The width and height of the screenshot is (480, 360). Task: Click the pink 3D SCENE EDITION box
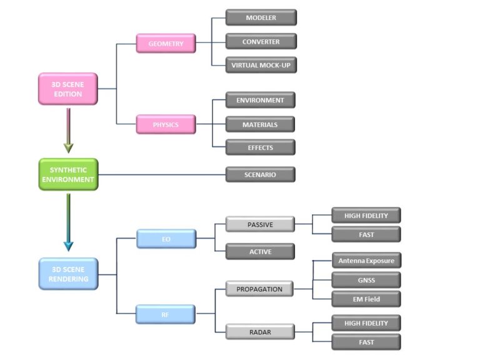click(x=68, y=89)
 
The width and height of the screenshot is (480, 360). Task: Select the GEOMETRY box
click(x=166, y=44)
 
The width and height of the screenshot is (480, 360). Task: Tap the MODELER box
click(x=261, y=17)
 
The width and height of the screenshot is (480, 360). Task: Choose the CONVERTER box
click(x=261, y=42)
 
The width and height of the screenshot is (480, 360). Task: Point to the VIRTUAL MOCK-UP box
click(x=261, y=65)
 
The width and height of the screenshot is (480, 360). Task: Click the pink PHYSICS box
click(x=166, y=124)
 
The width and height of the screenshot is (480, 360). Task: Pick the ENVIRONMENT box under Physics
click(x=260, y=100)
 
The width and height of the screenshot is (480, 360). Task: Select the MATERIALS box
click(x=260, y=124)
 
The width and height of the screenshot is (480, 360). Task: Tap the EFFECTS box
click(x=260, y=147)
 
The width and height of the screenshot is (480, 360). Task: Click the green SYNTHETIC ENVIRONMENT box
click(x=68, y=174)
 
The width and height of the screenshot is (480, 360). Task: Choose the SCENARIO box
click(x=260, y=174)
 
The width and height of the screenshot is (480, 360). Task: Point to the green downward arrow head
click(x=68, y=148)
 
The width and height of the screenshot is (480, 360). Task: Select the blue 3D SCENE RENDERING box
click(x=68, y=274)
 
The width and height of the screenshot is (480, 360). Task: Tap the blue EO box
click(x=166, y=239)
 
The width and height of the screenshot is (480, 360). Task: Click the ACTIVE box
click(x=260, y=251)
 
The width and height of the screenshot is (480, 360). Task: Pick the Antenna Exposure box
click(x=366, y=260)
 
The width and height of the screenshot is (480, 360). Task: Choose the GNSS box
click(x=366, y=279)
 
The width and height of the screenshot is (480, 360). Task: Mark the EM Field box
click(x=366, y=299)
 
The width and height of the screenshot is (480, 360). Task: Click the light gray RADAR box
click(x=260, y=332)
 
